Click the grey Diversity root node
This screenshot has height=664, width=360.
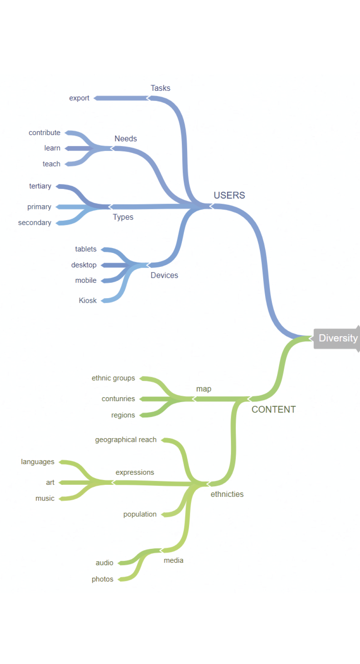(x=337, y=338)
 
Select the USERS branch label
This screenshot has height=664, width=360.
(x=229, y=195)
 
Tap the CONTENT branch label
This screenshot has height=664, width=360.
(x=274, y=410)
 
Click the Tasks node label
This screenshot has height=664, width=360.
(x=160, y=88)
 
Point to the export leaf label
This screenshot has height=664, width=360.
(x=79, y=98)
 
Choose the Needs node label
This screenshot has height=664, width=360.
(x=126, y=139)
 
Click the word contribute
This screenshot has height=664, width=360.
(x=44, y=132)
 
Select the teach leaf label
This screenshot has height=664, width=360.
(x=51, y=164)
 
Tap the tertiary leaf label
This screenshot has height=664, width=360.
(x=40, y=186)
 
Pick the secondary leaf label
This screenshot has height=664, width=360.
(x=35, y=222)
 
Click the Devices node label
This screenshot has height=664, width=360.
(x=164, y=275)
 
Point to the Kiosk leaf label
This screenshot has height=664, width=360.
(x=88, y=300)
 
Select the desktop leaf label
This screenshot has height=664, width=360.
(x=84, y=265)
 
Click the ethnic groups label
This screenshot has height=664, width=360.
(x=113, y=378)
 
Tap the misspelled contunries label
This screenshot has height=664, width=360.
(x=118, y=399)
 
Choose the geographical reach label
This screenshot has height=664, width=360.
(x=126, y=440)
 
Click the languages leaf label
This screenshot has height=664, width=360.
(x=38, y=462)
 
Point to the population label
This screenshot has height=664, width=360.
(x=140, y=514)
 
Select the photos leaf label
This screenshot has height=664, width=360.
(x=102, y=579)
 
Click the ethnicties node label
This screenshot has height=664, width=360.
(x=227, y=494)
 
